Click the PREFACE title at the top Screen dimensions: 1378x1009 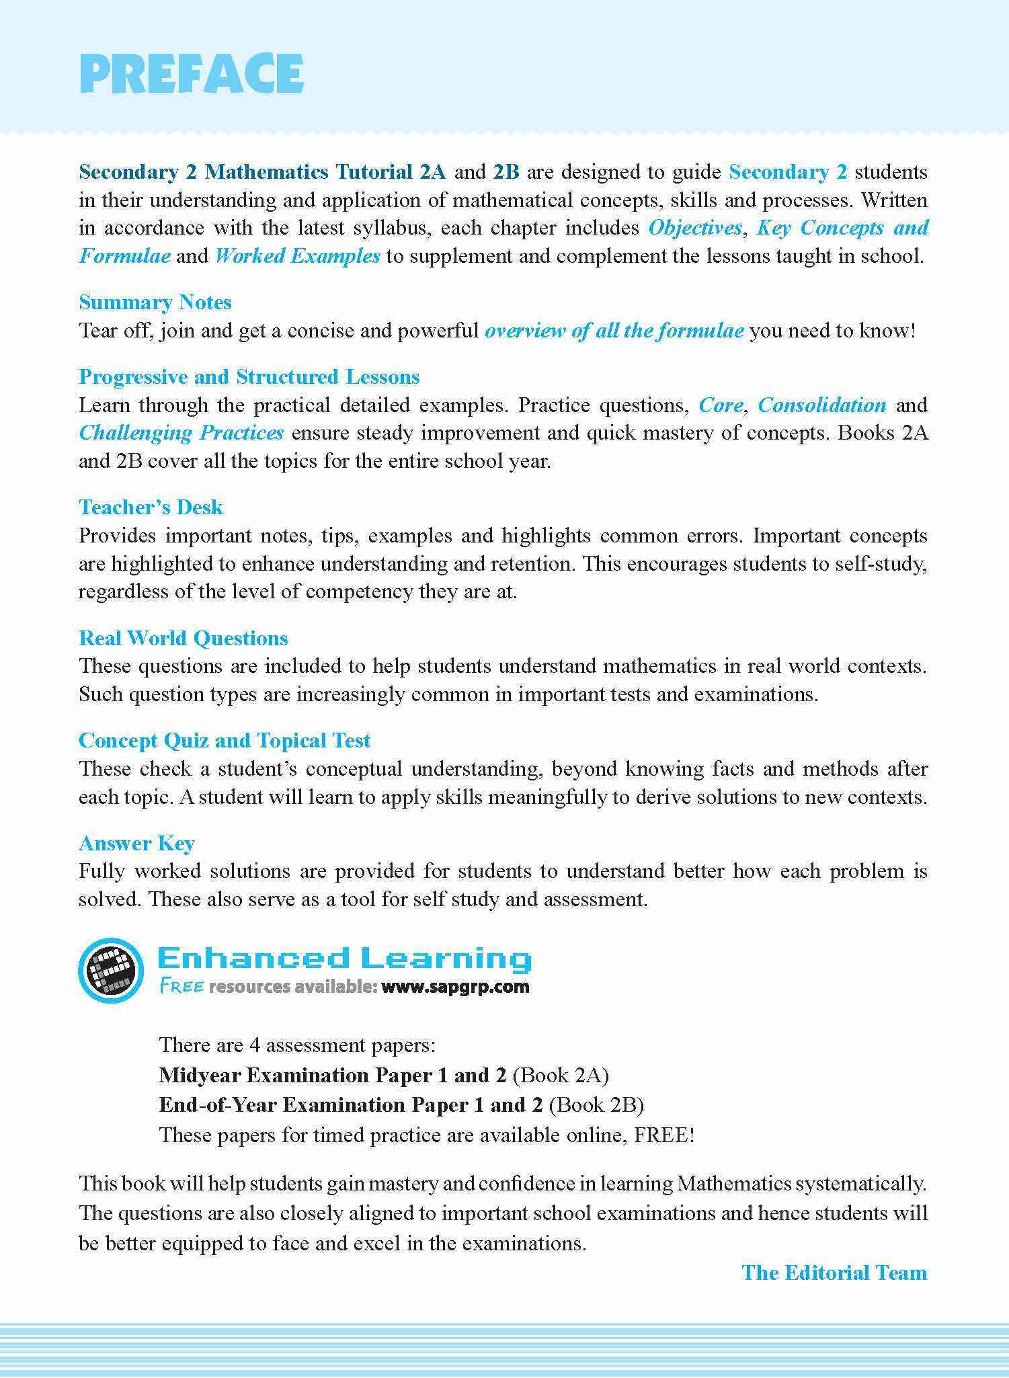tap(192, 73)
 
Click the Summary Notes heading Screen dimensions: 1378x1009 tap(155, 302)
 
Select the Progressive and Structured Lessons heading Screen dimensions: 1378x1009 tap(249, 377)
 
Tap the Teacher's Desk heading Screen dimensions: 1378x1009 tap(151, 508)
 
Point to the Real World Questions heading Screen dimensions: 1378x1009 tap(184, 639)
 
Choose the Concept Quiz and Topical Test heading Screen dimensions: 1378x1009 tap(225, 741)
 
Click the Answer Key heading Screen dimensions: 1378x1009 tap(136, 844)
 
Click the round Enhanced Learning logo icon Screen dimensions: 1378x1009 tap(111, 970)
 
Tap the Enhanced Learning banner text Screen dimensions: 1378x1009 tap(344, 959)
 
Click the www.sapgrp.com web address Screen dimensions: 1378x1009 tap(455, 987)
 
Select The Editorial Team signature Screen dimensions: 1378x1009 tap(834, 1272)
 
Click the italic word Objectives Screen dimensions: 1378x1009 tap(695, 228)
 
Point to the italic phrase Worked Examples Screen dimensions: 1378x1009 tap(298, 256)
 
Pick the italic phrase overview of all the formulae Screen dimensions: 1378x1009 tap(614, 331)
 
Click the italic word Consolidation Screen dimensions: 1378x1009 tap(822, 405)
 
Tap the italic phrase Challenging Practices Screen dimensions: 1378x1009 tap(181, 433)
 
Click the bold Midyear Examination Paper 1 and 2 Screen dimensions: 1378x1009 tap(333, 1076)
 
